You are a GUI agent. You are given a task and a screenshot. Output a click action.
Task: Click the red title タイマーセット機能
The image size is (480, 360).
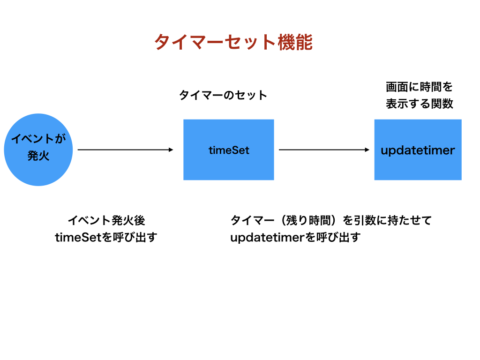(x=233, y=42)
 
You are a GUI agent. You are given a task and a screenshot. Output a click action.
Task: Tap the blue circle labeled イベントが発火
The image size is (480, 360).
(x=38, y=150)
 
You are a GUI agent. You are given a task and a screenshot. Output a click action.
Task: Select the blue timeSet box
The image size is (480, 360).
(x=229, y=150)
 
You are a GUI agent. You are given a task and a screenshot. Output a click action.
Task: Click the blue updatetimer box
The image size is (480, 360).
(x=418, y=150)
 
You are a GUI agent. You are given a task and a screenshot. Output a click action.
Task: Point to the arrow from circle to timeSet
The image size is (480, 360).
(x=126, y=150)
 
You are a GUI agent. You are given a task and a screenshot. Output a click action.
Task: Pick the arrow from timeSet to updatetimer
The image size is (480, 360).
(x=324, y=150)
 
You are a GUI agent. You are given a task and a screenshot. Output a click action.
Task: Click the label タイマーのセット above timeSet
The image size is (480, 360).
(x=223, y=95)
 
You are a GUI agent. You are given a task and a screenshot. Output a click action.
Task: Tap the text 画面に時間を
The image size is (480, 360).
(x=419, y=87)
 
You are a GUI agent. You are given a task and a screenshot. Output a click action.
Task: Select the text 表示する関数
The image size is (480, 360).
(x=420, y=104)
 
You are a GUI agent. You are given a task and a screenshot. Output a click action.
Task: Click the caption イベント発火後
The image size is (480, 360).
(x=106, y=220)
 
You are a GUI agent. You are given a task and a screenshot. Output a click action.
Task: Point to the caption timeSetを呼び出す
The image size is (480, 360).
(x=106, y=237)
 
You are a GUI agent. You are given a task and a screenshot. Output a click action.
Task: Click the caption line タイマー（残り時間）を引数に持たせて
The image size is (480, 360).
(x=331, y=220)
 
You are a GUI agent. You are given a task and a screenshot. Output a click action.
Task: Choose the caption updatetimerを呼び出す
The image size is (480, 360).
(x=295, y=237)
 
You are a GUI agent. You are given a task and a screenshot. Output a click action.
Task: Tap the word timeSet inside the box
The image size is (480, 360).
(x=229, y=150)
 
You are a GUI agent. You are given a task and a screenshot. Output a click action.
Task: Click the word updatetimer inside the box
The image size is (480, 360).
(x=418, y=150)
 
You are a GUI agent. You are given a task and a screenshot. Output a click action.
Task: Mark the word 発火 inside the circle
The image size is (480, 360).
(x=38, y=156)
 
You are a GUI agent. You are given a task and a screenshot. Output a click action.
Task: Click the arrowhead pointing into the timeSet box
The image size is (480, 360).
(x=171, y=150)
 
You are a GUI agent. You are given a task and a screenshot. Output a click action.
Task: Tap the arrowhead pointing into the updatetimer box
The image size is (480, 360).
(x=367, y=150)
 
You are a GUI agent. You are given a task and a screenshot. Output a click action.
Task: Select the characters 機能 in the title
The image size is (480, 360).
(x=295, y=42)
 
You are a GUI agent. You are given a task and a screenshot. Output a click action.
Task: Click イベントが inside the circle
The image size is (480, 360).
(x=38, y=139)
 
